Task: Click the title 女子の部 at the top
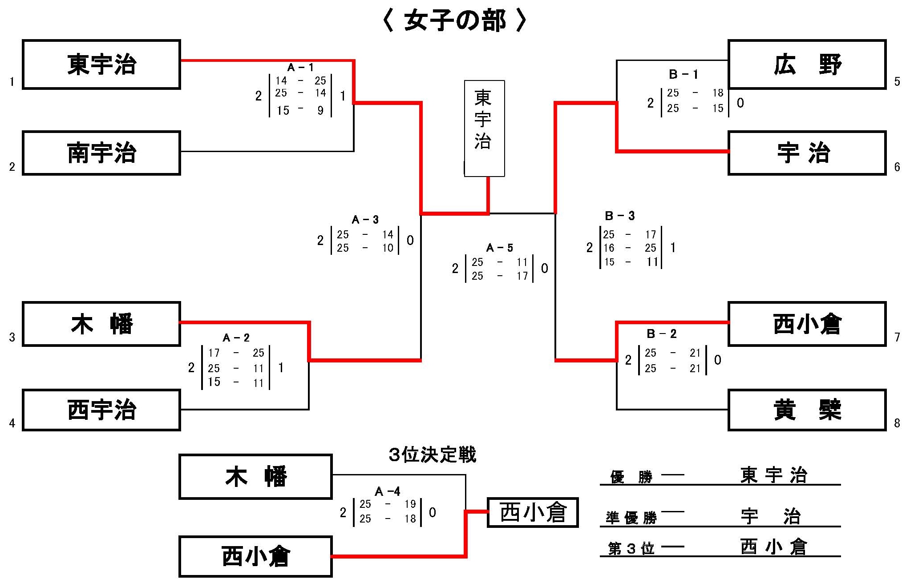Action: (455, 21)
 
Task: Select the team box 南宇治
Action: (101, 153)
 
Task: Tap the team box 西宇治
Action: (101, 410)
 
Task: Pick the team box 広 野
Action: (807, 64)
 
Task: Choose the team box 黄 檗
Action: (807, 410)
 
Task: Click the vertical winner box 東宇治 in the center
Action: (484, 128)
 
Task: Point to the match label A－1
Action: (300, 68)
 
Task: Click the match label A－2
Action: (236, 338)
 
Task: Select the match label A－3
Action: (365, 220)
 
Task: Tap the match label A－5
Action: (500, 248)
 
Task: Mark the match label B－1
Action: (684, 74)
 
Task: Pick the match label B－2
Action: (662, 334)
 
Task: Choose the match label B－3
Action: (620, 216)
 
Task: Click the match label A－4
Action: (388, 491)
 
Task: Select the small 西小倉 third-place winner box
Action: (533, 512)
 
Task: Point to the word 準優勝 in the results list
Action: (631, 518)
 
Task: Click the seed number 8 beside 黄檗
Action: (897, 423)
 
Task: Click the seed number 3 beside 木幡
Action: (12, 338)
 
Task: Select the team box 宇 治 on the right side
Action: (807, 153)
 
